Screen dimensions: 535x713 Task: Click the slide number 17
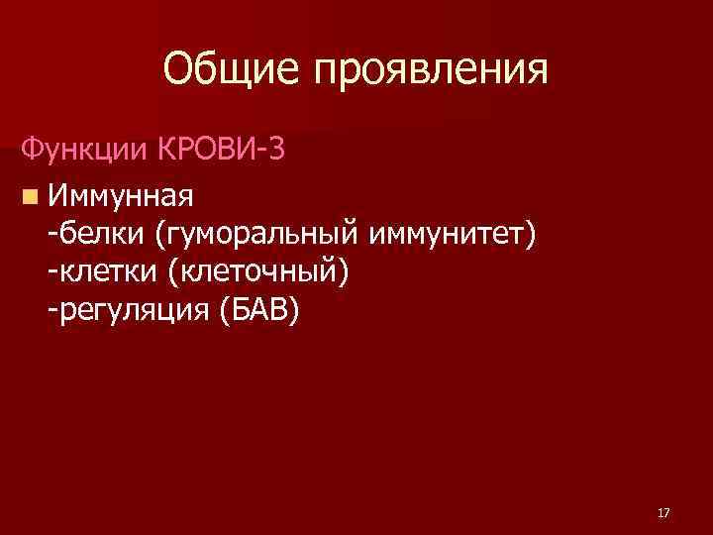pos(662,513)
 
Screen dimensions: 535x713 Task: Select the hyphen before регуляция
pos(51,313)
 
